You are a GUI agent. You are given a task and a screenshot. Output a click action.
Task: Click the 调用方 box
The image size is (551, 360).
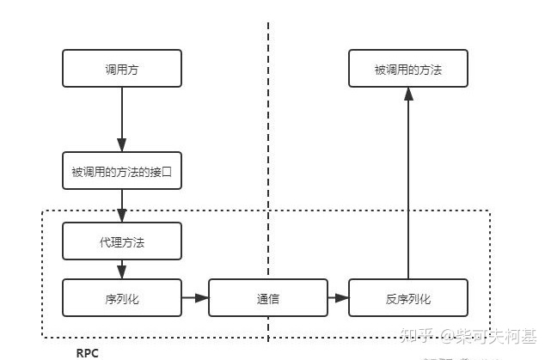(x=122, y=69)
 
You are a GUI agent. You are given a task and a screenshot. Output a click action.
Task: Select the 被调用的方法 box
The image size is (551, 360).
(x=408, y=69)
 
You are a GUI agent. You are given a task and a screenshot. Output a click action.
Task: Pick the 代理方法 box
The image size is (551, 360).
(x=122, y=241)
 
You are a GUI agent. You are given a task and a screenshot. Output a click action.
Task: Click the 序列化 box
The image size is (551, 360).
(x=122, y=298)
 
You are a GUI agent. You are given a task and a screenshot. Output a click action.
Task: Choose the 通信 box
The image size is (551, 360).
(x=268, y=298)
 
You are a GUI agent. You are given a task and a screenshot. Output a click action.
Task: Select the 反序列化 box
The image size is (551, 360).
(x=408, y=298)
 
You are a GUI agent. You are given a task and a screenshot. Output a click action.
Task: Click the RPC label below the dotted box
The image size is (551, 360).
(x=88, y=352)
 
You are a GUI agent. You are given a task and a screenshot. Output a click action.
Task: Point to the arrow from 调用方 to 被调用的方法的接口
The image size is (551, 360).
(x=122, y=120)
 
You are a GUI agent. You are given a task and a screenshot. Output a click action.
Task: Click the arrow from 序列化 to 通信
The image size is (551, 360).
(x=195, y=298)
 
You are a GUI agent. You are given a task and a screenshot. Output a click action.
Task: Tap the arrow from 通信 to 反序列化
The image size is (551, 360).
(x=338, y=298)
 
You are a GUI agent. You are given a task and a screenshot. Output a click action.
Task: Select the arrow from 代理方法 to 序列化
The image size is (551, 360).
(x=122, y=269)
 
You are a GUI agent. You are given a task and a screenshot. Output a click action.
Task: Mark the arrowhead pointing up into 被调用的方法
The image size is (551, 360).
(x=408, y=95)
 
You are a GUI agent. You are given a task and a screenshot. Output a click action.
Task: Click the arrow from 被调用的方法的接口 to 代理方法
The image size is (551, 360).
(x=122, y=206)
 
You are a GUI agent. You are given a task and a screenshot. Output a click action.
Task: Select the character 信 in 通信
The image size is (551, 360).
(x=274, y=299)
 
